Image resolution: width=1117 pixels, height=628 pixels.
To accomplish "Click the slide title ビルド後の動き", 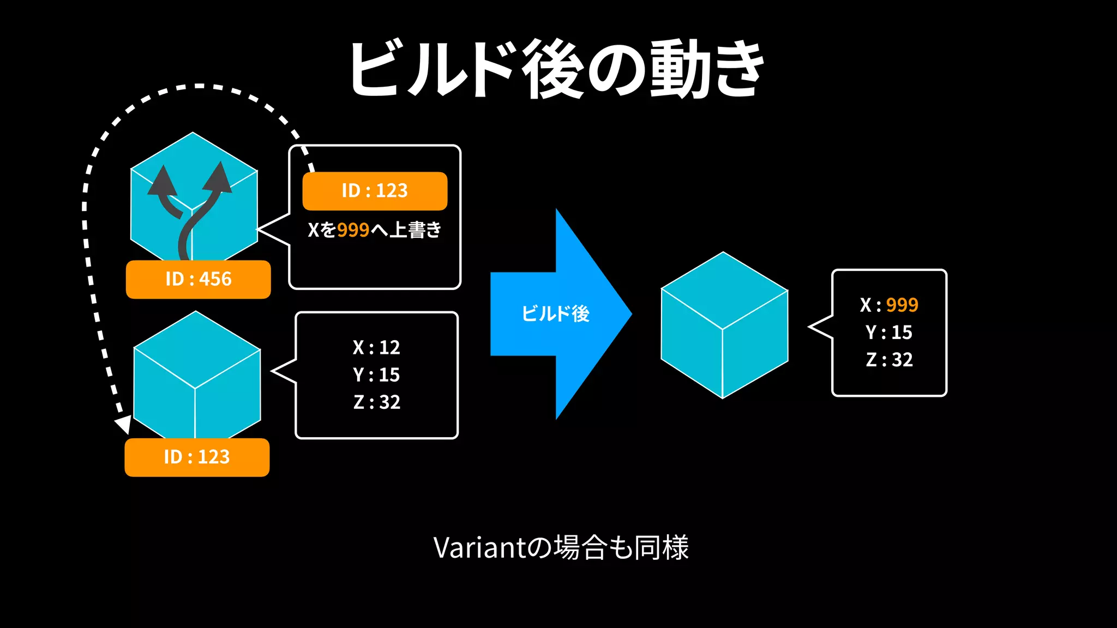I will (556, 70).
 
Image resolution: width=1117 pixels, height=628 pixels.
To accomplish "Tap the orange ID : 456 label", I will (198, 279).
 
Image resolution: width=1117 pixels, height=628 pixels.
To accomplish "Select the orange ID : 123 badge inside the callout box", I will (375, 191).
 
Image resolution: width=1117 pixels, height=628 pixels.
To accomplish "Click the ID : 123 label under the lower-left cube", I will (197, 457).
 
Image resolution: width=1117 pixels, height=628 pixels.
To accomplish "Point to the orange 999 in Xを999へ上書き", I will (353, 230).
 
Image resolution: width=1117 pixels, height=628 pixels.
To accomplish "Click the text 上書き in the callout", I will (416, 230).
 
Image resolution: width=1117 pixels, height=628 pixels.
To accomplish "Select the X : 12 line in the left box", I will (376, 347).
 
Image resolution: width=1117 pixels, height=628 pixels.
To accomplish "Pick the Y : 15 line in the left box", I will (376, 375).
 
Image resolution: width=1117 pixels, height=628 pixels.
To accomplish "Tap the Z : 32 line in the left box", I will (376, 402).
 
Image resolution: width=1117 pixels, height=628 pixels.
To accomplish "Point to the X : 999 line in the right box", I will (889, 305).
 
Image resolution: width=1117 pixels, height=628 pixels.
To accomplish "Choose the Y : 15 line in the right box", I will (889, 332).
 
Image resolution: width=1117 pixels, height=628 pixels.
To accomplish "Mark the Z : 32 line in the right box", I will (889, 360).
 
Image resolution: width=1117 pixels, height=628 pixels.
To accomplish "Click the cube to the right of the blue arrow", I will (724, 325).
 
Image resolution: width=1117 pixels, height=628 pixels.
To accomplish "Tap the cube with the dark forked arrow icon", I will (194, 196).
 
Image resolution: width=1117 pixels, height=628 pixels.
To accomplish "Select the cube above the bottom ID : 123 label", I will (197, 376).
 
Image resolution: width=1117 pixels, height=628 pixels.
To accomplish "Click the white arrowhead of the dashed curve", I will (123, 425).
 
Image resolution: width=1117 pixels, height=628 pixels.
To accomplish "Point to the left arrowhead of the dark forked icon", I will (162, 181).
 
